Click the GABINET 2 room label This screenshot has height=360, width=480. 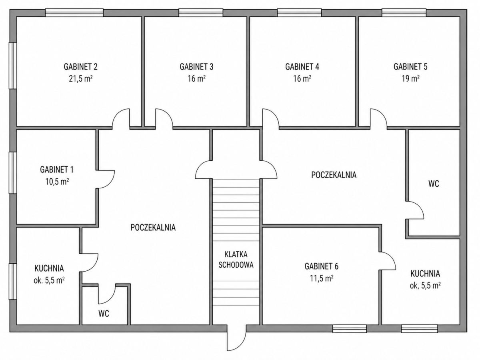click(x=80, y=67)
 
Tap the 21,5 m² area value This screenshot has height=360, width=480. click(x=80, y=79)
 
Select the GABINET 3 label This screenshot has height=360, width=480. click(x=196, y=67)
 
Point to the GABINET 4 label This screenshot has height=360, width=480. click(x=302, y=67)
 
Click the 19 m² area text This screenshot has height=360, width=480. click(x=410, y=79)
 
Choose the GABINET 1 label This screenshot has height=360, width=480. click(x=57, y=170)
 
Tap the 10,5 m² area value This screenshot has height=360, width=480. click(x=57, y=182)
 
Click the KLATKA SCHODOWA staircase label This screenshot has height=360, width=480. click(x=236, y=260)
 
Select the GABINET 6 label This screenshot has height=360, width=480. click(x=322, y=266)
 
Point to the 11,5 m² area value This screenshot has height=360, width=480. click(x=322, y=278)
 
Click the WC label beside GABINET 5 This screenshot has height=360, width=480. click(x=434, y=184)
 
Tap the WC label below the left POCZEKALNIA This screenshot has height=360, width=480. click(x=104, y=314)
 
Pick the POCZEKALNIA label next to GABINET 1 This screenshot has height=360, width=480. click(x=153, y=227)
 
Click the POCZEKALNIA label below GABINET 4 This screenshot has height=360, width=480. click(x=334, y=175)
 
